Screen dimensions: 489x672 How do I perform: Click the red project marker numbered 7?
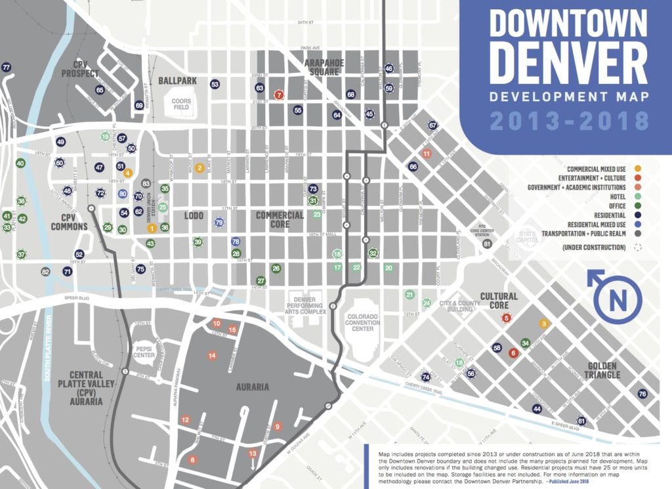pos(279,95)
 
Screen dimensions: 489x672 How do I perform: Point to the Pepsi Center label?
pos(144,351)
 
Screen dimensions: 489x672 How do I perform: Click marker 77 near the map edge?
pos(7,68)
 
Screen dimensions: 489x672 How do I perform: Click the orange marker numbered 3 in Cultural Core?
pos(543,324)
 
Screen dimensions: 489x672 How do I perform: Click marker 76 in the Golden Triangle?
pos(642,394)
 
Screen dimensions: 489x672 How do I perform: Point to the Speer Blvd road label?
pos(77,299)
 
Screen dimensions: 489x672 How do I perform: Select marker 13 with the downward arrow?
pos(253,454)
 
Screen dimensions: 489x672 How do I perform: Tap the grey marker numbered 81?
pos(486,244)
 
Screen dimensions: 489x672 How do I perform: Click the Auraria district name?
pos(253,387)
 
